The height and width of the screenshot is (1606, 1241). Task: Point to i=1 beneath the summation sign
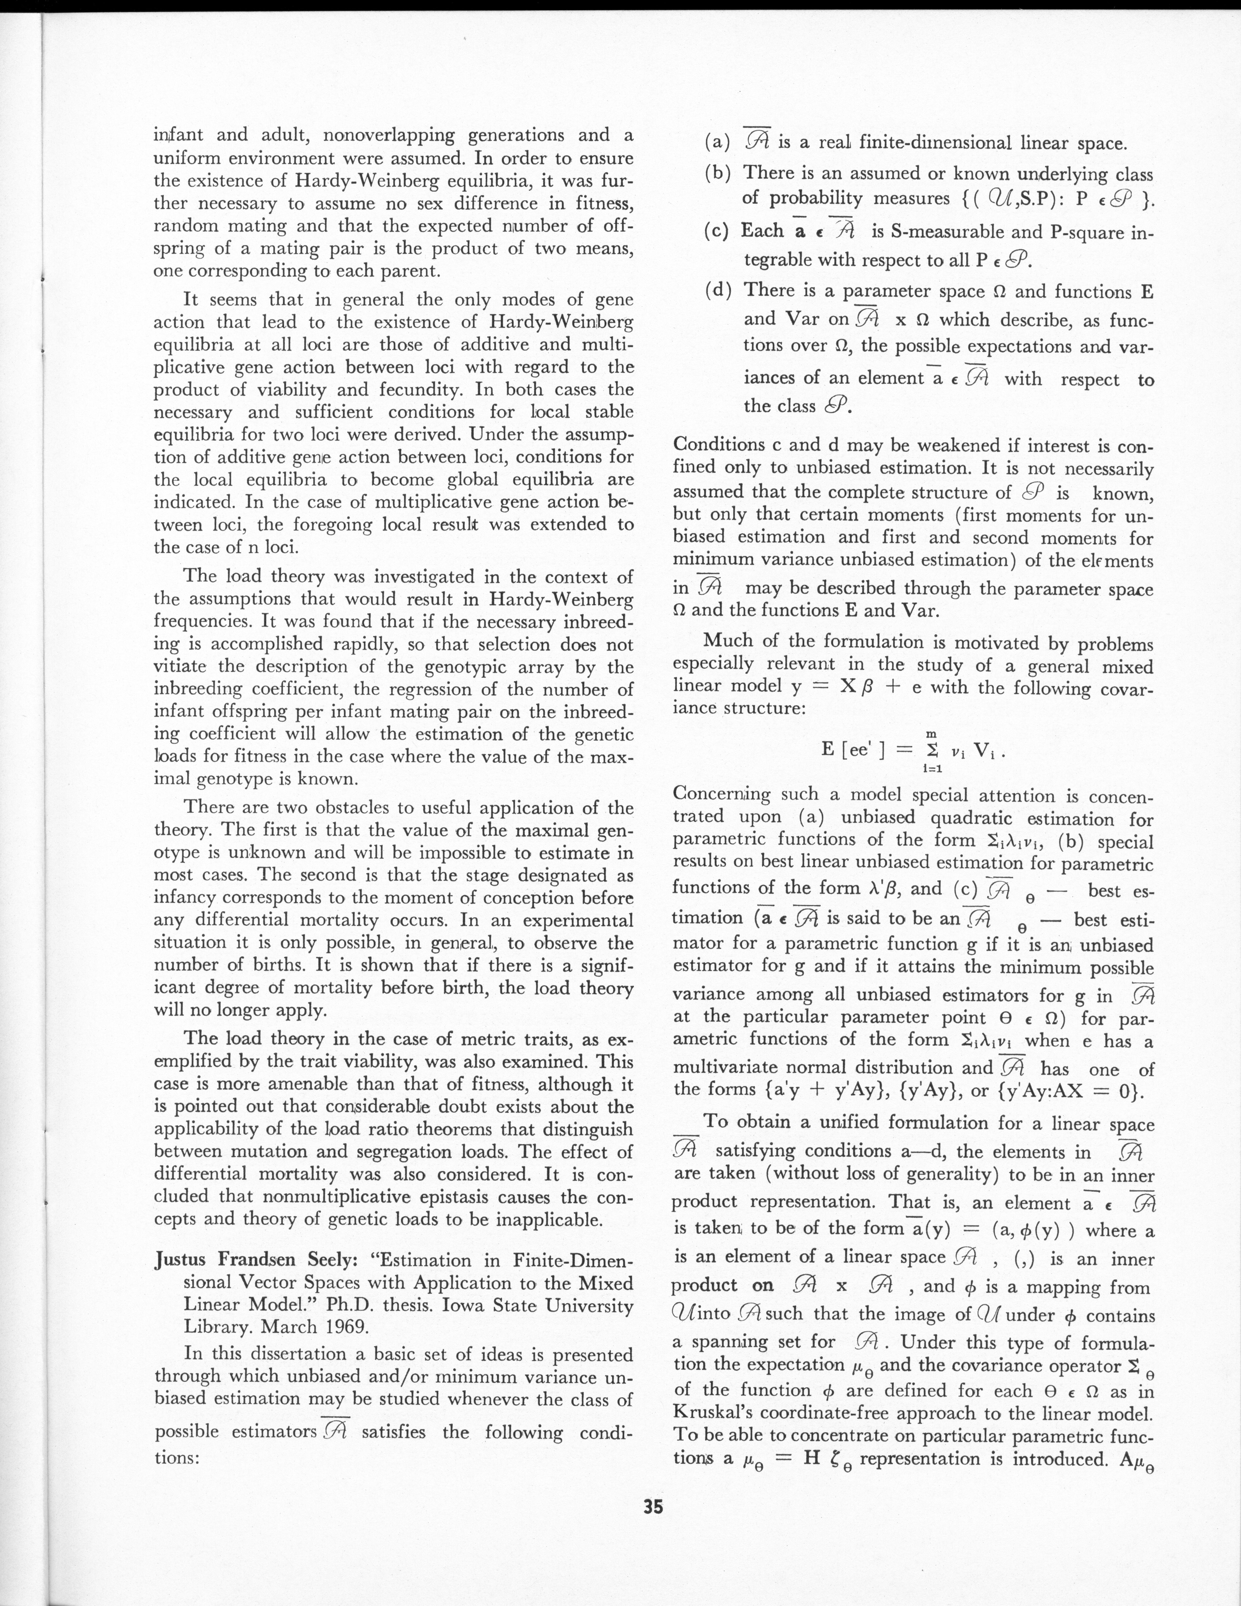pos(933,768)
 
